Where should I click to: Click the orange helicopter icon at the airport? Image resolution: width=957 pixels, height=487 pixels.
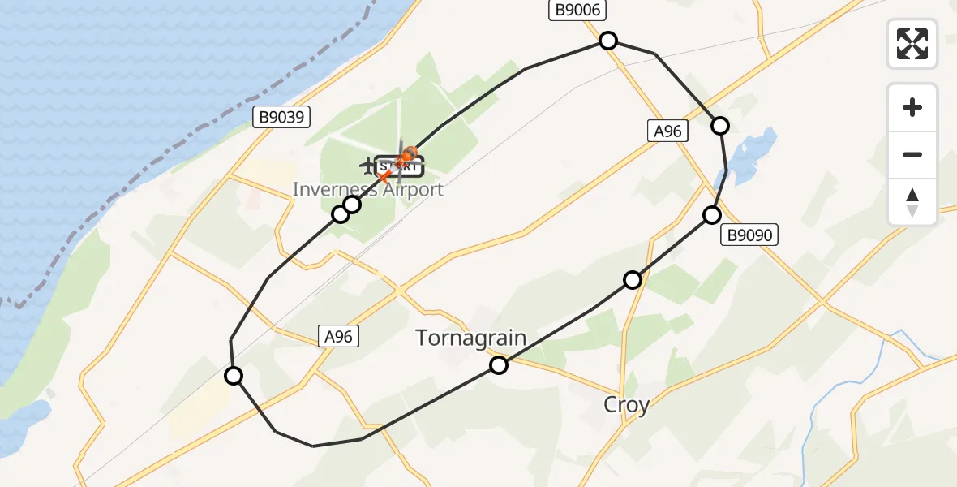[x=409, y=153]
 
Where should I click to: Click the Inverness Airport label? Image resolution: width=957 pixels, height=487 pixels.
[x=368, y=190]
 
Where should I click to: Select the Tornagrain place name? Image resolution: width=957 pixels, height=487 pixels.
[x=471, y=338]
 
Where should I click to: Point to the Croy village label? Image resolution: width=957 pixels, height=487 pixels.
[x=626, y=404]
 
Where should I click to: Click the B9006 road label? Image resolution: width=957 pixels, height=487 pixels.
[x=578, y=10]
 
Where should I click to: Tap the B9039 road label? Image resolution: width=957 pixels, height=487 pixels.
[x=281, y=118]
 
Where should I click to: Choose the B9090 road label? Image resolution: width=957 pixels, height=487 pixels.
[x=751, y=235]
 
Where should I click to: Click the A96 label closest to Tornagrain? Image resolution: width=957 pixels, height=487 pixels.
[x=338, y=336]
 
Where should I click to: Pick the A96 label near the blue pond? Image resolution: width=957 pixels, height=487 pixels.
[x=667, y=131]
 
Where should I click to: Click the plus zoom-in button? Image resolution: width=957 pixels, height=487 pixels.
[x=912, y=107]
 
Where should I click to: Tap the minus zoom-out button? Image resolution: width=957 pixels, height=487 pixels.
[x=912, y=154]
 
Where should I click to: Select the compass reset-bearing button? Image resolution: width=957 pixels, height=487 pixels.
[x=912, y=202]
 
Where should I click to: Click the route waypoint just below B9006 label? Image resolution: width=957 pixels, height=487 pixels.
[x=607, y=41]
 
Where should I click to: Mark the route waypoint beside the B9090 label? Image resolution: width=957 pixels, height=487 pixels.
[x=711, y=215]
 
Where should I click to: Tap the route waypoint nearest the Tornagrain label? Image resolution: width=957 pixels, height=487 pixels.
[x=499, y=365]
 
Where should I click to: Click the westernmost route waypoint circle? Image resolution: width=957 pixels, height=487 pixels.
[x=234, y=375]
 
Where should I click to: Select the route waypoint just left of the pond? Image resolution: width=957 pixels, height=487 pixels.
[x=719, y=125]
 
